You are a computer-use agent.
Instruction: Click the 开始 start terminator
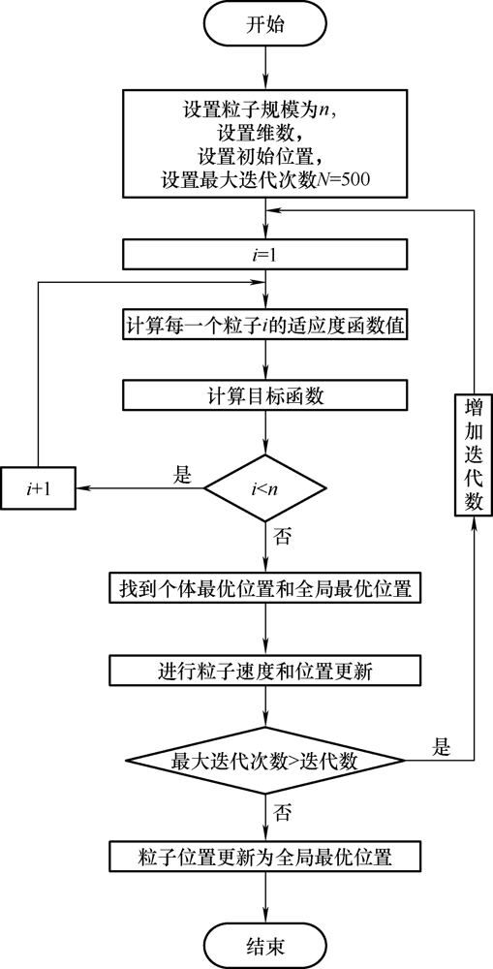[x=265, y=26]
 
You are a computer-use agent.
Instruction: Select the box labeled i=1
[x=265, y=255]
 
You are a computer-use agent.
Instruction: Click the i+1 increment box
[x=39, y=487]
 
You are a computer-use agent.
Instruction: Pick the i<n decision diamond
[x=265, y=488]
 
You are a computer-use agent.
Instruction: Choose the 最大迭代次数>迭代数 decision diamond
[x=265, y=761]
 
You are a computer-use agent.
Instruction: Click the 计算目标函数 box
[x=265, y=397]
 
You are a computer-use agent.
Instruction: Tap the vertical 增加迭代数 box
[x=474, y=453]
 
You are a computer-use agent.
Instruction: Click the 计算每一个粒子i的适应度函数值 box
[x=265, y=326]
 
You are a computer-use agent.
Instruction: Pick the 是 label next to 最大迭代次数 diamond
[x=441, y=748]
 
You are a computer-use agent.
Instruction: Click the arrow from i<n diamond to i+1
[x=140, y=488]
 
